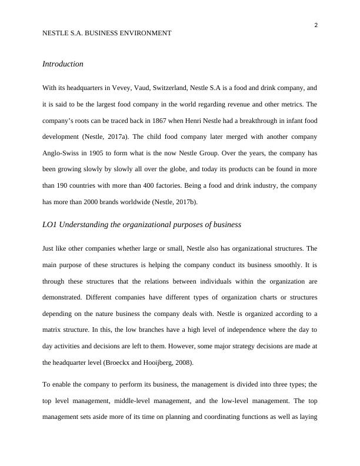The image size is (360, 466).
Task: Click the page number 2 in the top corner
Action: coord(316,25)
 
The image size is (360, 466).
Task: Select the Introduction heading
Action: coord(63,64)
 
